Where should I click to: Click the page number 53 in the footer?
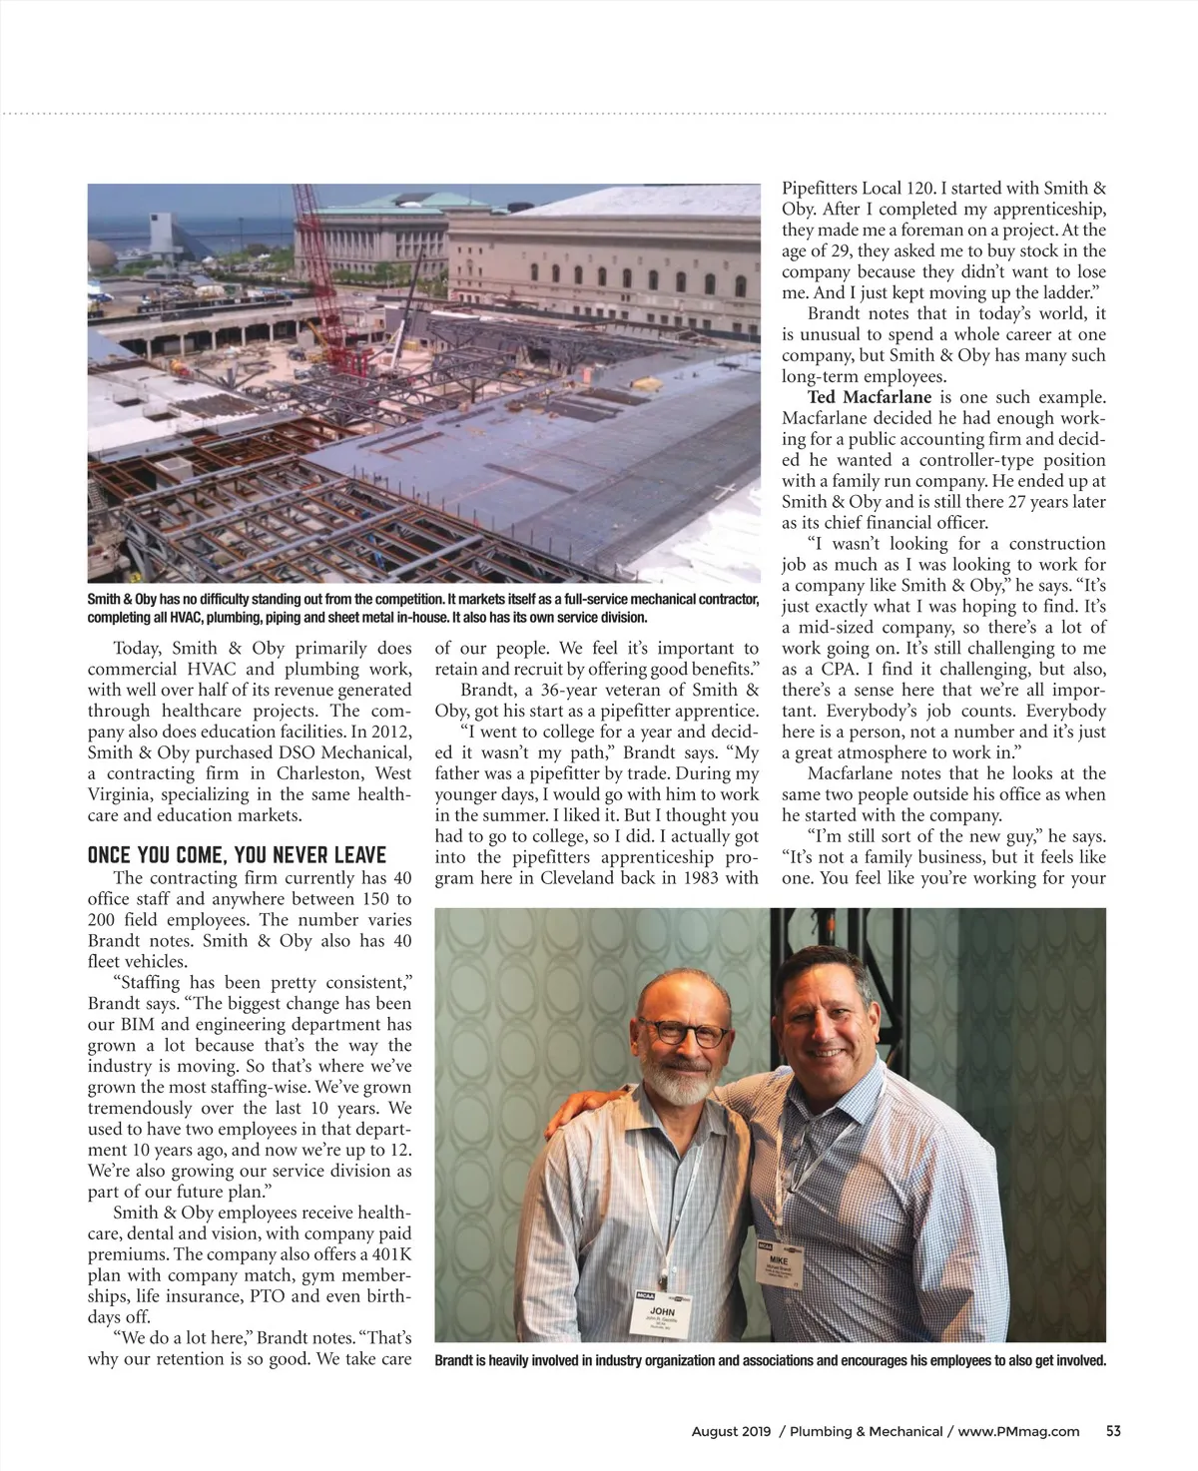coord(1113,1431)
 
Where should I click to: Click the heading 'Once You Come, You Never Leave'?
coord(237,855)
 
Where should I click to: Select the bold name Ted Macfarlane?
coord(870,397)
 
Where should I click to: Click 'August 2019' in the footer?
coord(731,1431)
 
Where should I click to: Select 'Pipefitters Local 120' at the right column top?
coord(858,188)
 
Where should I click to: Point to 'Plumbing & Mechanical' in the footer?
coord(865,1431)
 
